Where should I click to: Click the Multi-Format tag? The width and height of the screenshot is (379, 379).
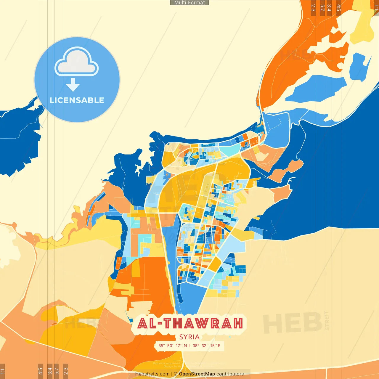(189, 3)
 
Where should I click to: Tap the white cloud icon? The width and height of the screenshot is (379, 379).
(77, 62)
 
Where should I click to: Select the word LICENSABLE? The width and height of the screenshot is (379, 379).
(77, 100)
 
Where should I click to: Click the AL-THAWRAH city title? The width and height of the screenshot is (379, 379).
(190, 324)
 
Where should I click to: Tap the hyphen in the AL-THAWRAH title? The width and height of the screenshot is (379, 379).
(160, 324)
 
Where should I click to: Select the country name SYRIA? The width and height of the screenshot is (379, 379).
(189, 337)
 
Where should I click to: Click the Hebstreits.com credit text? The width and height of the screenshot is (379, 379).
(152, 374)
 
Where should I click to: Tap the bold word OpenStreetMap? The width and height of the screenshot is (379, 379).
(197, 374)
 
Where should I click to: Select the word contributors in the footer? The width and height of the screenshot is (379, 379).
(230, 374)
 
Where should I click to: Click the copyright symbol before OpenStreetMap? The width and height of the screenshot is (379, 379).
(175, 374)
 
